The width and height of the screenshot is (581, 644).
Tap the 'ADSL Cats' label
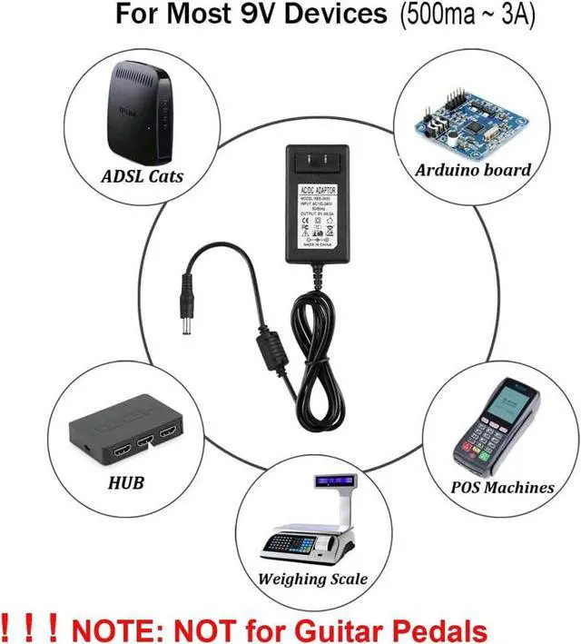142,175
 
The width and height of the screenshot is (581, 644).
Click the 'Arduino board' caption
473,170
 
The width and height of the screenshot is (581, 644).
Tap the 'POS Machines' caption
502,487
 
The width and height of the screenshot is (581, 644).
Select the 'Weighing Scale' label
313,579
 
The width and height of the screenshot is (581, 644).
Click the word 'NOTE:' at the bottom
116,628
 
